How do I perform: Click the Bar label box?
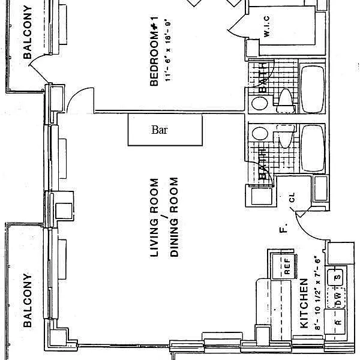pyautogui.click(x=165, y=130)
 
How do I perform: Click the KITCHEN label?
pyautogui.click(x=304, y=303)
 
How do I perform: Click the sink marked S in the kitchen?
pyautogui.click(x=338, y=277)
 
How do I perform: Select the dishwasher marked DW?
pyautogui.click(x=337, y=296)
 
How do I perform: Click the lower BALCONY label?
pyautogui.click(x=27, y=300)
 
